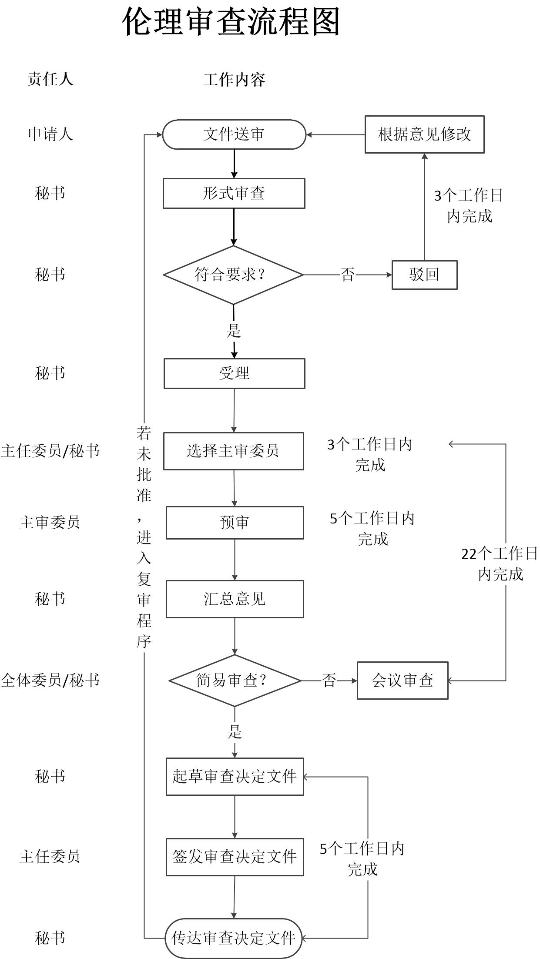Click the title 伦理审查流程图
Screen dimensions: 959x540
(x=231, y=22)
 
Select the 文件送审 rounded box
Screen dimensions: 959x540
(x=234, y=134)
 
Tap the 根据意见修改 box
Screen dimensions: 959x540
(x=424, y=134)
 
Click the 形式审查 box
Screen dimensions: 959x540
(x=234, y=193)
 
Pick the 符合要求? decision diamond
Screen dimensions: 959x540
(x=233, y=275)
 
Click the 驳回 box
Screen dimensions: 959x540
(x=424, y=275)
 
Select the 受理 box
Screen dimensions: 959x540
(x=234, y=373)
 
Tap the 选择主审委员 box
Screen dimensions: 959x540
(x=234, y=451)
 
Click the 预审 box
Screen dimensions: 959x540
(x=235, y=523)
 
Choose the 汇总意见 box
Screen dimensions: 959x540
(x=235, y=599)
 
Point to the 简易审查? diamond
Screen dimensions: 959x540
(x=235, y=681)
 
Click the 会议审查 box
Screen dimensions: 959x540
(x=402, y=681)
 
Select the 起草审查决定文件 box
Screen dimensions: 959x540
(x=235, y=777)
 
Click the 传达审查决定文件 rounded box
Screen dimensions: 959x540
(x=234, y=938)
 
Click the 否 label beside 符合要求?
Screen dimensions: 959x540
(x=347, y=275)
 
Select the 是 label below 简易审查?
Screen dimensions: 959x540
(x=235, y=732)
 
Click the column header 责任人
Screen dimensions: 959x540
(x=50, y=79)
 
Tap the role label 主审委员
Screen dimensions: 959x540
(x=50, y=523)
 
